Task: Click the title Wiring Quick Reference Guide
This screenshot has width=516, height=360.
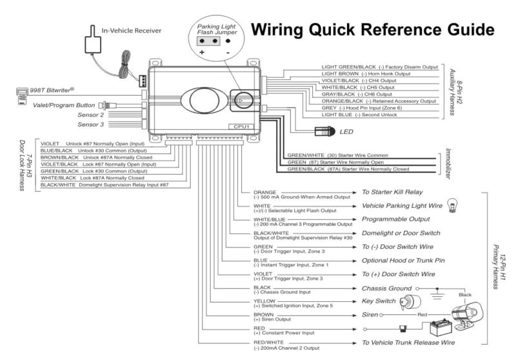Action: point(372,31)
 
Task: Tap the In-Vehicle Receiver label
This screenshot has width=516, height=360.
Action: point(132,30)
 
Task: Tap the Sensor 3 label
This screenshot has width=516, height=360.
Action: point(91,124)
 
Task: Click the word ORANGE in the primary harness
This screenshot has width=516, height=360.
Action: point(264,192)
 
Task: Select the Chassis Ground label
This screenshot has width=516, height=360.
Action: point(387,288)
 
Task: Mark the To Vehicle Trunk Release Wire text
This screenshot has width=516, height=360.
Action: point(408,343)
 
